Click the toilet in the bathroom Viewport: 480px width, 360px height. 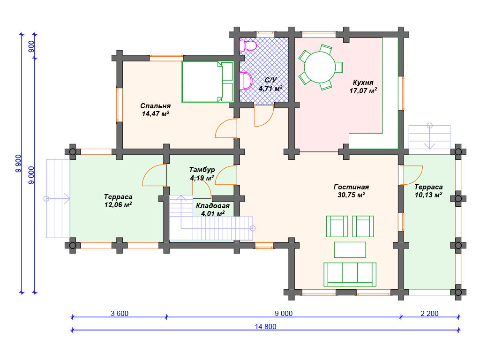pos(247,45)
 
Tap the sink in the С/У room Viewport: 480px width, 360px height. pos(246,81)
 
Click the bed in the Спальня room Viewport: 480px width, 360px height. pos(208,82)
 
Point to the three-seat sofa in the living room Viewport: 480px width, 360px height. pos(350,274)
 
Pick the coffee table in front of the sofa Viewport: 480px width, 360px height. pos(350,250)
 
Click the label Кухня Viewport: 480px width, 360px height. pos(363,82)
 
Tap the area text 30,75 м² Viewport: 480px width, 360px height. pos(351,195)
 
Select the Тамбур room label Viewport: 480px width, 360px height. pos(202,170)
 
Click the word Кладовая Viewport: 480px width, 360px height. pos(213,206)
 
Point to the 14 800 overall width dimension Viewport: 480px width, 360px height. pos(265,327)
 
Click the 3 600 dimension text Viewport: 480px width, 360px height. pos(120,314)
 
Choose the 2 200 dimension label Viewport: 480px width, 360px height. pos(429,314)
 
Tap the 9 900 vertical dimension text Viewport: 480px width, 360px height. pos(18,164)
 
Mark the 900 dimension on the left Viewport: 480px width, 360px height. pos(31,46)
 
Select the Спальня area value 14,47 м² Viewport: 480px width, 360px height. pos(156,114)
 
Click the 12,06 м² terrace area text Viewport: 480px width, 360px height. pos(118,204)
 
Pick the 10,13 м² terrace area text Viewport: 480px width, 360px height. pos(428,195)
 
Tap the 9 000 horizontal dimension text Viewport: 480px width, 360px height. pos(284,314)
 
